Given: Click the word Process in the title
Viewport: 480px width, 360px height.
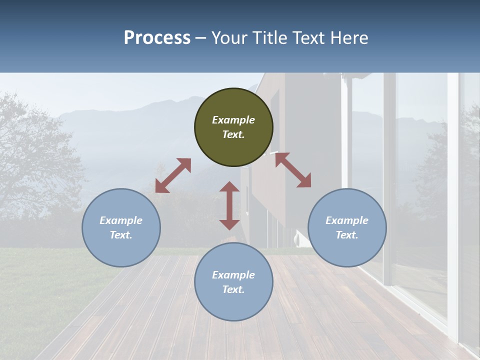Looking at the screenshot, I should coord(157,38).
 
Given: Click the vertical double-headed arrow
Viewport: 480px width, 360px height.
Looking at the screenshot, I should coord(229,205).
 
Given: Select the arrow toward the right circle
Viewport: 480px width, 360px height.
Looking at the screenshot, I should coord(293,170).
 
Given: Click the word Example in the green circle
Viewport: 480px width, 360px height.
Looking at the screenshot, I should coord(233,120).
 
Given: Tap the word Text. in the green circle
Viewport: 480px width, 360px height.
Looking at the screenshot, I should coord(233,134).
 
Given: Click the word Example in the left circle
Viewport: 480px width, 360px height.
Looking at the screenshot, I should coord(121,220).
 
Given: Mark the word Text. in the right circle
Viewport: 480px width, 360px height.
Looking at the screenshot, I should coord(347,235).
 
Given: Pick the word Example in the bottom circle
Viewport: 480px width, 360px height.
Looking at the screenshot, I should coord(233,275).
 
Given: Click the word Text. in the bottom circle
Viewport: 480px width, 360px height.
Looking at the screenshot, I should coord(233,289).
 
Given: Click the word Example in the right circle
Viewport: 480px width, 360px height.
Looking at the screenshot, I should coord(347,220).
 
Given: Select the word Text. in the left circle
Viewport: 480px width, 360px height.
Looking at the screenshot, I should coord(121,235).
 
